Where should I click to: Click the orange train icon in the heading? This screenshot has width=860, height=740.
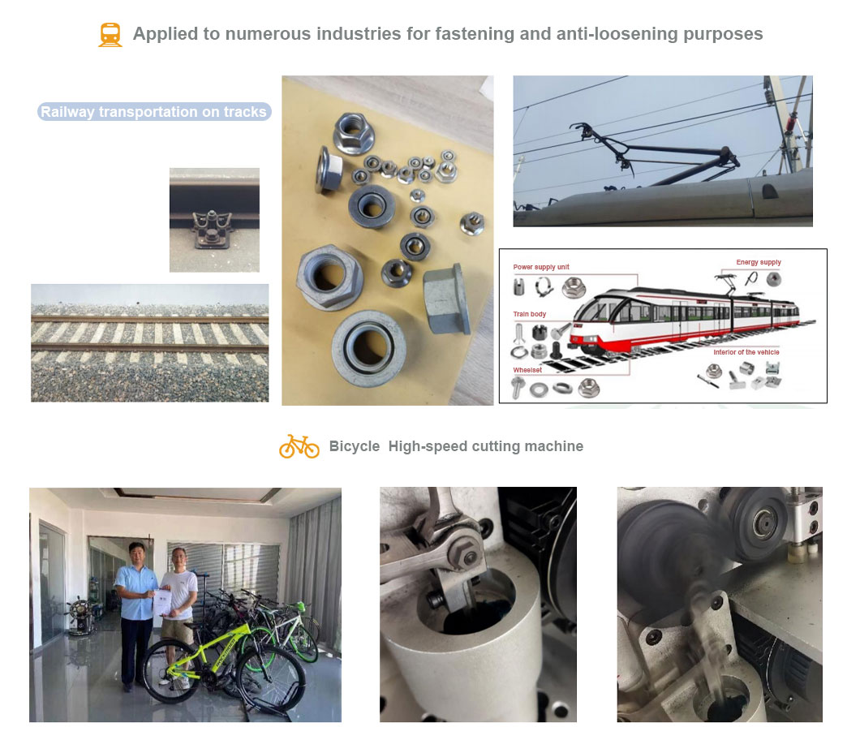click(110, 35)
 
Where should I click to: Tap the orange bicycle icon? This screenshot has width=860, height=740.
click(299, 446)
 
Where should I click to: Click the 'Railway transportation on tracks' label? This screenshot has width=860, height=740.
click(153, 112)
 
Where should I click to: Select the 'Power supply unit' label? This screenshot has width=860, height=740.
click(541, 267)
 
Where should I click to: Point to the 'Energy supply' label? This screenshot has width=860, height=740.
click(759, 262)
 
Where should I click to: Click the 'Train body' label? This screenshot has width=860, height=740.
click(529, 314)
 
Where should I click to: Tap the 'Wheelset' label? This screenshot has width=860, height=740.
click(527, 370)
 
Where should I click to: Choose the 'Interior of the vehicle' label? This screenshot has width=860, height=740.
click(746, 352)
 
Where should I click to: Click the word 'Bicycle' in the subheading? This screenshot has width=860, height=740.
click(355, 446)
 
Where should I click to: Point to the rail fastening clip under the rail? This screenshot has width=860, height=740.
click(212, 230)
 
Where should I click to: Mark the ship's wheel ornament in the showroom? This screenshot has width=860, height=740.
click(80, 615)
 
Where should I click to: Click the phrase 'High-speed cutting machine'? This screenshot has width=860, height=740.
click(486, 446)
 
